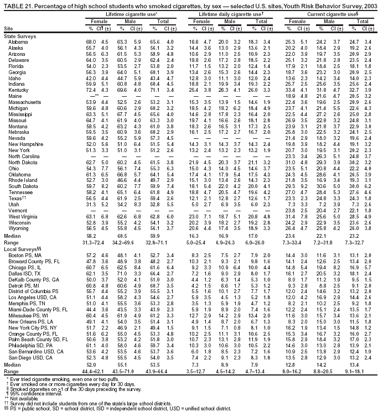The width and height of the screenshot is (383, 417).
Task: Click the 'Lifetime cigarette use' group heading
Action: click(x=121, y=12)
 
